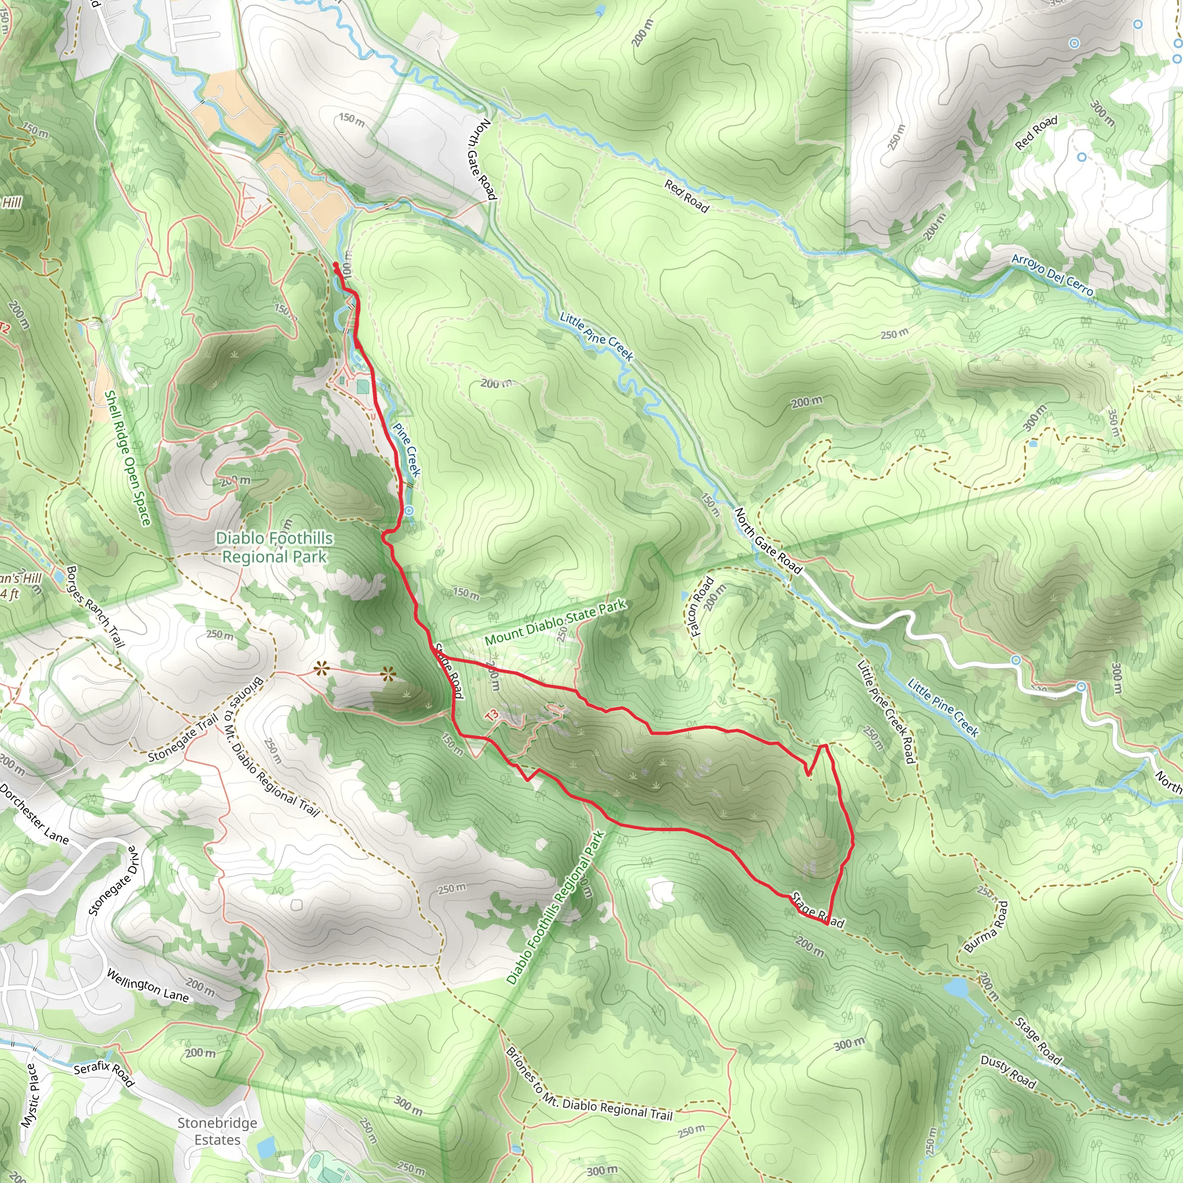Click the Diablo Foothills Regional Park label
click(274, 547)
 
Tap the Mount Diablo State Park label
click(555, 622)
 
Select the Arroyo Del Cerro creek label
click(1051, 274)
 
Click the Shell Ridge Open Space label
click(127, 458)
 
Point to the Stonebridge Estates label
click(217, 1131)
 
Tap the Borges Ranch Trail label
click(95, 606)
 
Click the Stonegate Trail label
click(183, 738)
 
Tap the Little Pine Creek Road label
click(886, 712)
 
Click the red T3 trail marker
click(491, 715)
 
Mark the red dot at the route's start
click(336, 265)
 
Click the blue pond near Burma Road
click(956, 987)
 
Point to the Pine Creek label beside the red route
click(407, 449)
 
